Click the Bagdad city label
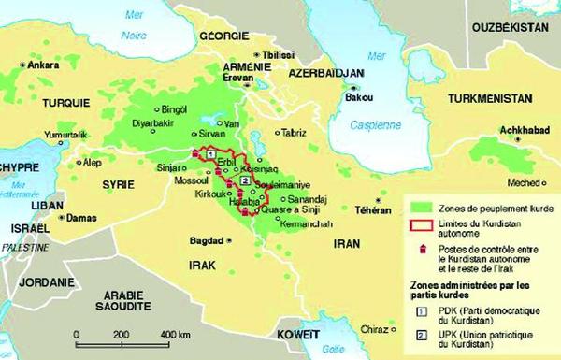(207, 239)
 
